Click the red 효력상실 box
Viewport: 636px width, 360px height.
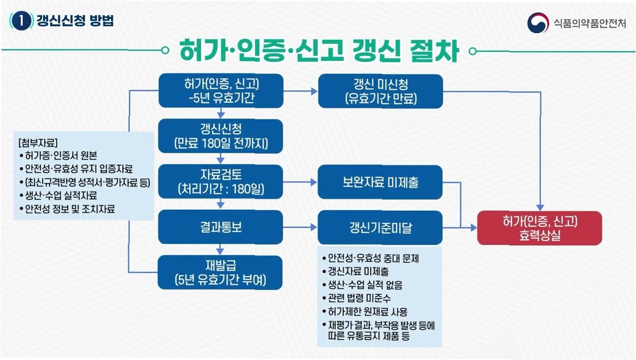tap(539, 228)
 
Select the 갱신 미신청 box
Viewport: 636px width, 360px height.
tap(381, 91)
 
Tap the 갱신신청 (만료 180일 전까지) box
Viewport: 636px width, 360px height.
tap(220, 136)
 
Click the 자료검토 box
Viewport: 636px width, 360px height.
tap(220, 182)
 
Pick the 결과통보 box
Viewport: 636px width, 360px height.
tap(220, 228)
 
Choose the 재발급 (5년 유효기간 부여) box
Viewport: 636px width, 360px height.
tap(220, 272)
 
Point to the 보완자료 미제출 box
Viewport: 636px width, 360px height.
tap(381, 182)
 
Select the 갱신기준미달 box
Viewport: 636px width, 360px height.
tap(381, 228)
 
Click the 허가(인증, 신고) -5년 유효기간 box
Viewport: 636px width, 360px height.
tap(220, 91)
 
